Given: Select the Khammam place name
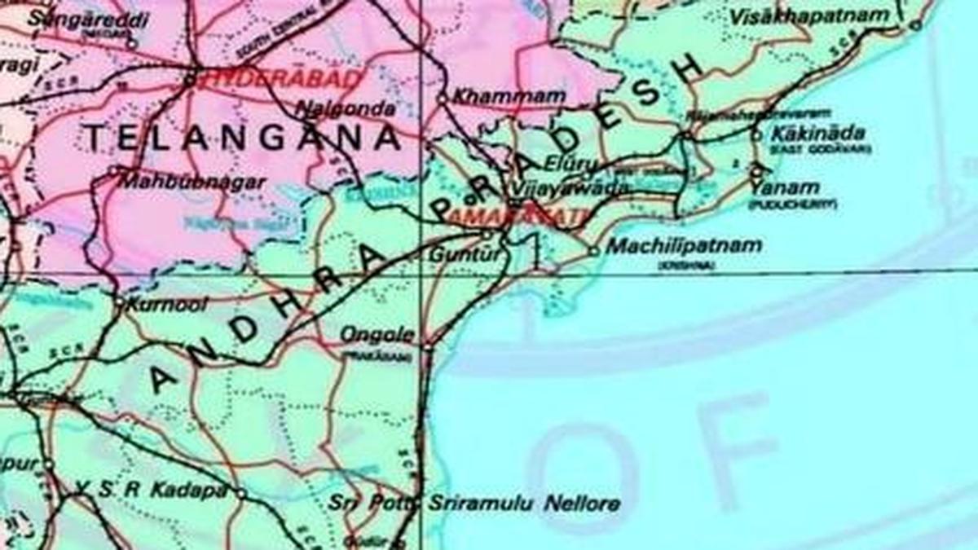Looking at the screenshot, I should pos(509,96).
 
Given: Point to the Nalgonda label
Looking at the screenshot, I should pos(346,108).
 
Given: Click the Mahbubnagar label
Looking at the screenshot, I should pos(193,182).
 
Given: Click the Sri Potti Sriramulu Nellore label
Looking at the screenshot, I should pos(474,503).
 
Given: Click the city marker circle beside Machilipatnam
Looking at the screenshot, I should pos(594,251).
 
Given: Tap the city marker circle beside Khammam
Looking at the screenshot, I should pos(443,99).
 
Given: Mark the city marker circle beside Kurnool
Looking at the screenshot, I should pos(119,304).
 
